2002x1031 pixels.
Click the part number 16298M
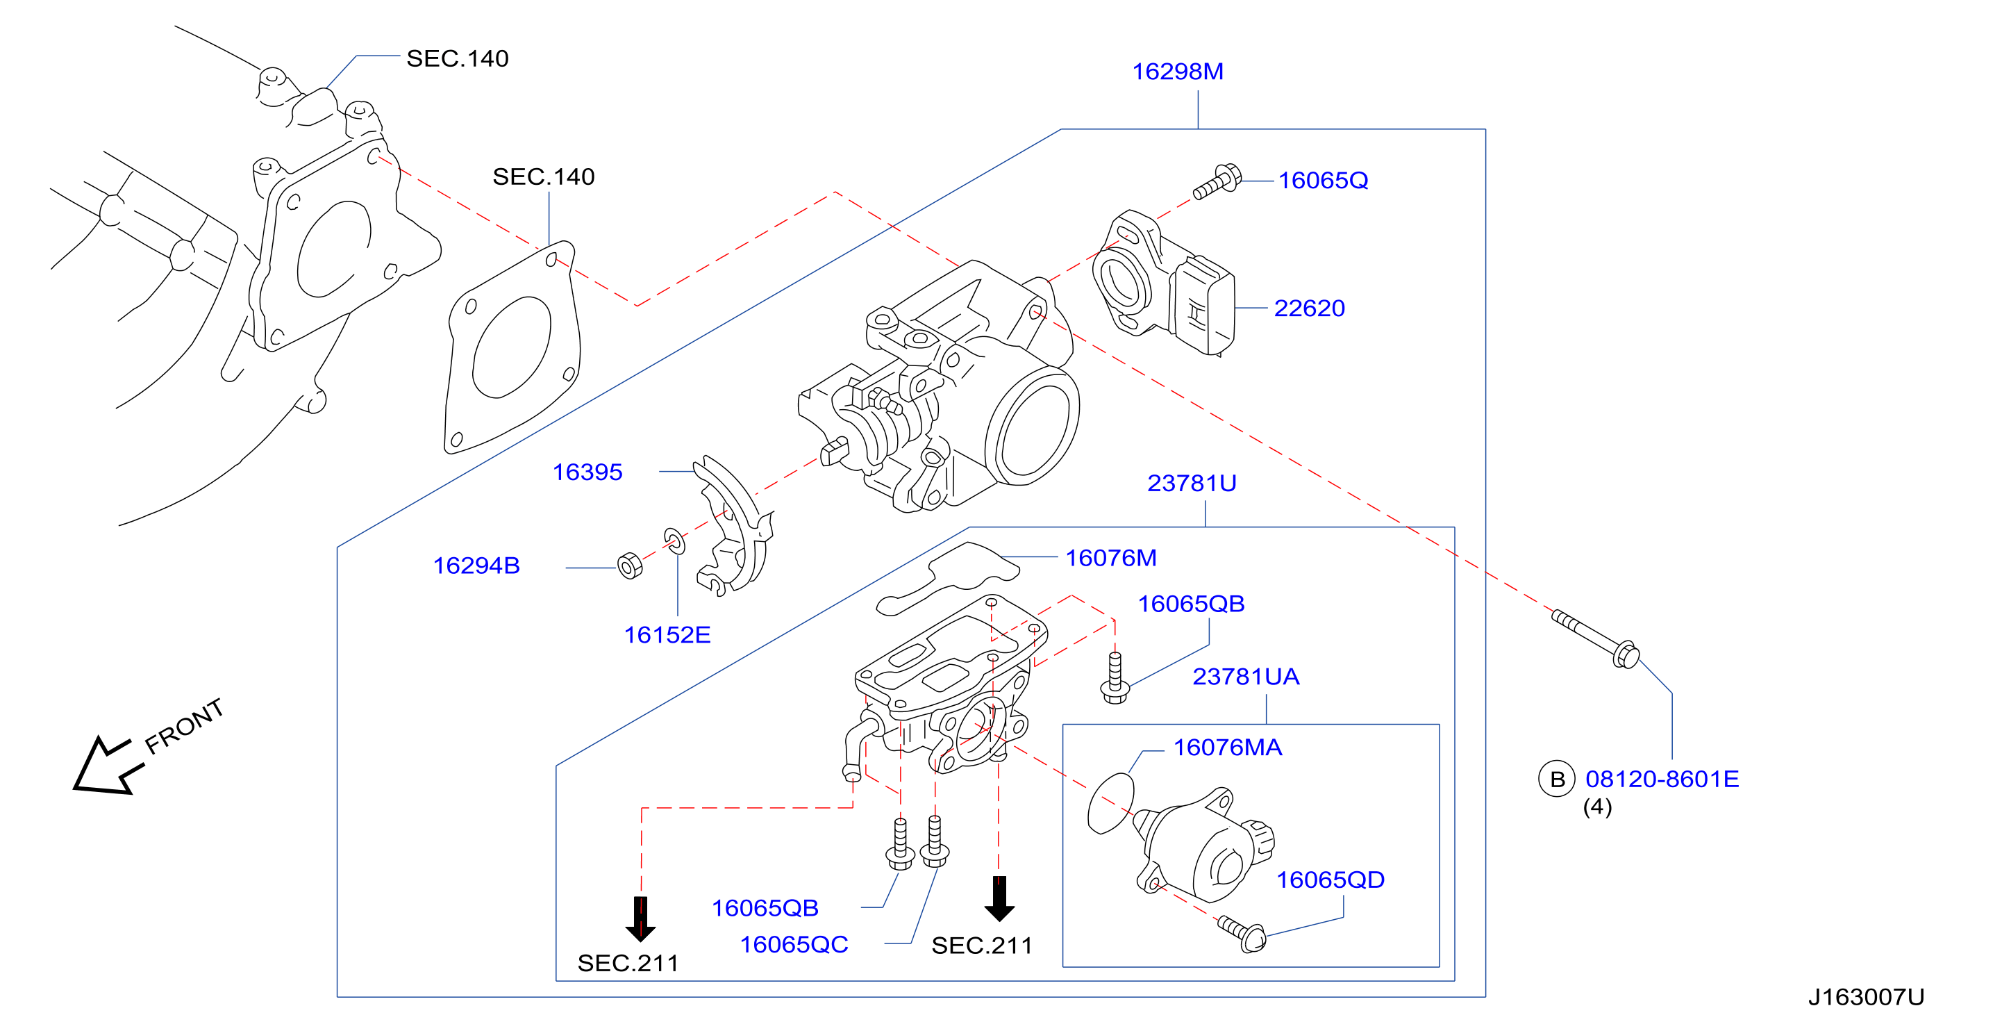[x=1178, y=72]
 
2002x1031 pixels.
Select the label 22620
[x=1310, y=308]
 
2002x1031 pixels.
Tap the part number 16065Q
[x=1323, y=181]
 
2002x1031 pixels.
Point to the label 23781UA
[x=1246, y=677]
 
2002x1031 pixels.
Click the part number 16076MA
[x=1227, y=748]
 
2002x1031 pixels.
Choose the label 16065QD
[x=1330, y=880]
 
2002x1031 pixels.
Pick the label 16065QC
[x=794, y=944]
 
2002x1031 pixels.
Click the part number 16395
[x=587, y=472]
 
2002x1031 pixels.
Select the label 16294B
[x=476, y=566]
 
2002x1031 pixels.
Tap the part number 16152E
[x=667, y=634]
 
